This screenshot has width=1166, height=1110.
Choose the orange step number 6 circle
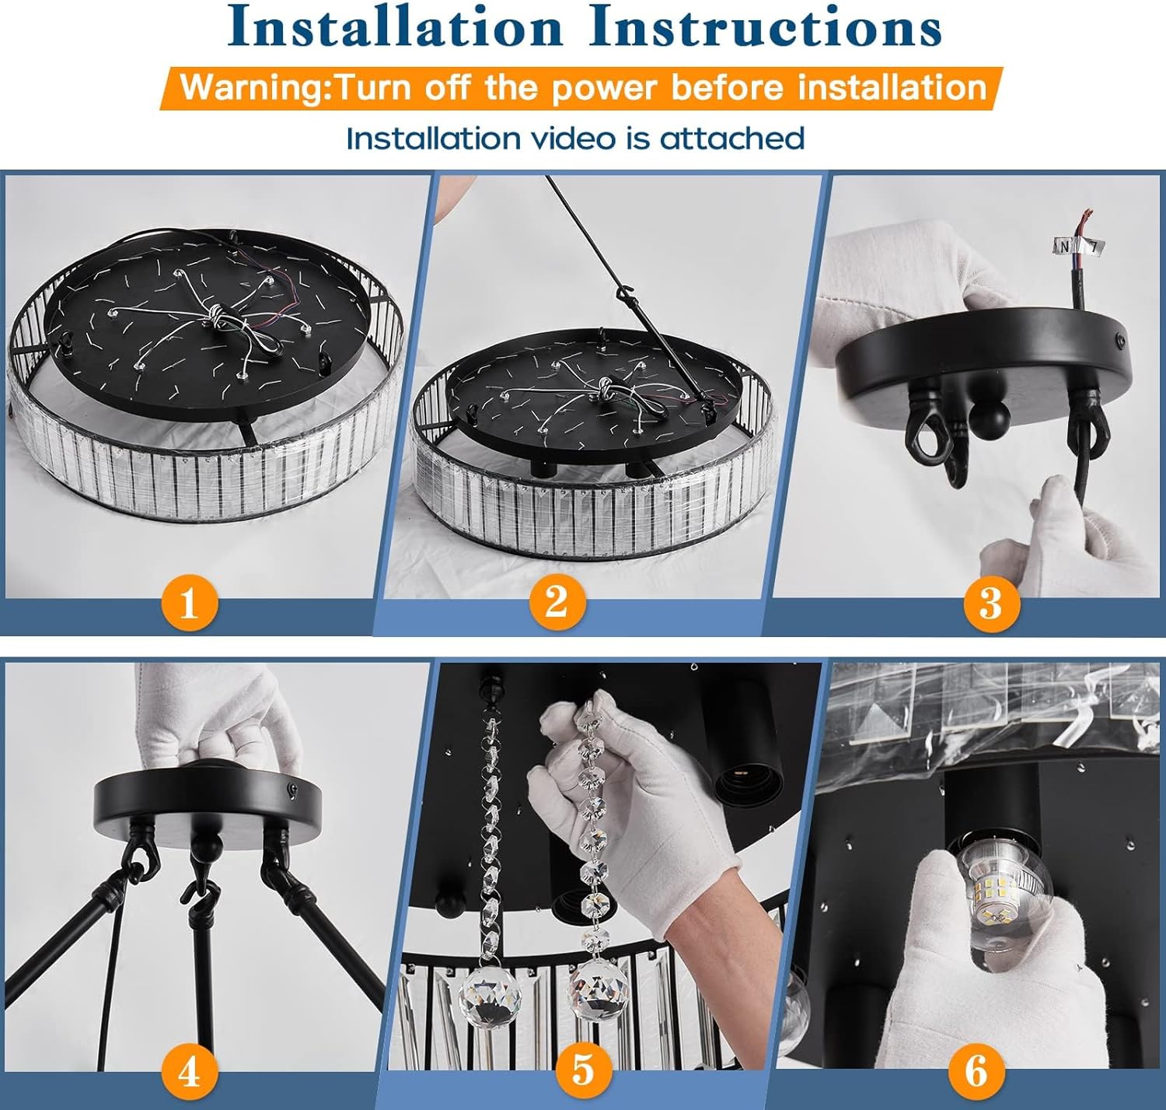click(x=976, y=1071)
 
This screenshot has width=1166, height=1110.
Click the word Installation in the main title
click(x=394, y=27)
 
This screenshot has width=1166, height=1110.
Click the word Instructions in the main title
click(x=765, y=27)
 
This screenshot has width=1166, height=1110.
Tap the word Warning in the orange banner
click(x=255, y=88)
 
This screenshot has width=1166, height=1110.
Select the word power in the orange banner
click(x=604, y=89)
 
